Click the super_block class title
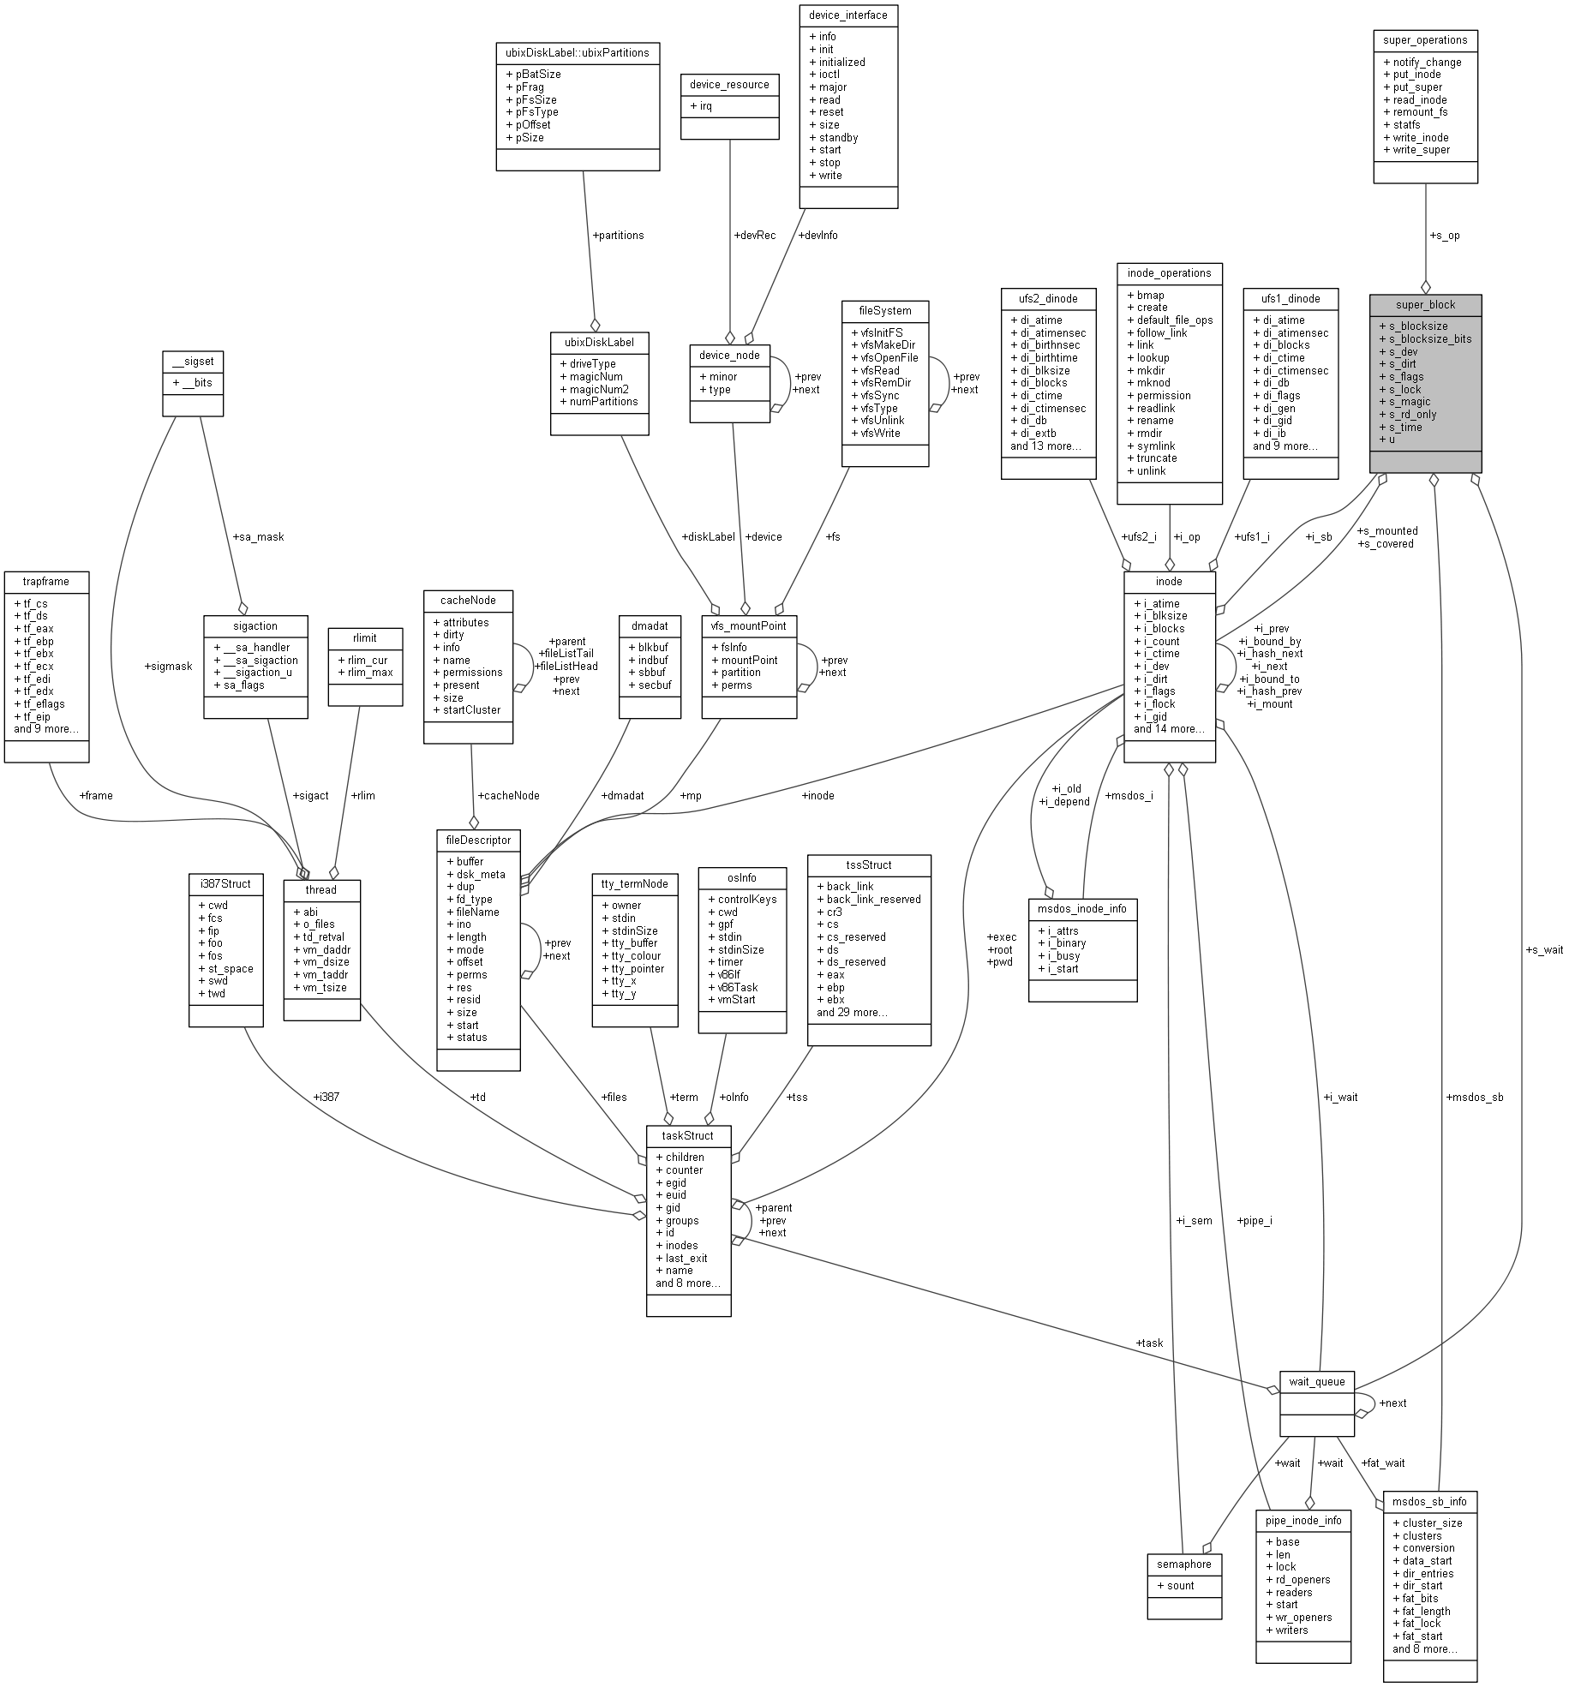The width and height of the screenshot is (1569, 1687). click(x=1425, y=304)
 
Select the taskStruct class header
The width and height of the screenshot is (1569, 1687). click(x=688, y=1135)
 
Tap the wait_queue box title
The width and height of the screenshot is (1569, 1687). click(x=1316, y=1381)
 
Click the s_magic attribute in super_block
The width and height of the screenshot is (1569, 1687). click(x=1410, y=402)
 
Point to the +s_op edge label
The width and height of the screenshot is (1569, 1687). click(x=1445, y=236)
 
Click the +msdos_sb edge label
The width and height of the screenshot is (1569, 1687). click(x=1474, y=1097)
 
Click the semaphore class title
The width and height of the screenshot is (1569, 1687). click(x=1183, y=1564)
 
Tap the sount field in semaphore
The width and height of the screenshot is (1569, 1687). click(x=1180, y=1585)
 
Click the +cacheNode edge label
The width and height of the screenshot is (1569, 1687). click(x=508, y=795)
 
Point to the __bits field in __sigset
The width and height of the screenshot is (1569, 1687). click(x=196, y=382)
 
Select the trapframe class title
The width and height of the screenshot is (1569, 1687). click(x=46, y=581)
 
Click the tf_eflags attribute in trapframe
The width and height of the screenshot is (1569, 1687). click(x=44, y=703)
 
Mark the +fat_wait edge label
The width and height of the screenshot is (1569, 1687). click(x=1382, y=1463)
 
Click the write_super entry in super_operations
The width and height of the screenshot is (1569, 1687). click(x=1421, y=150)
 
